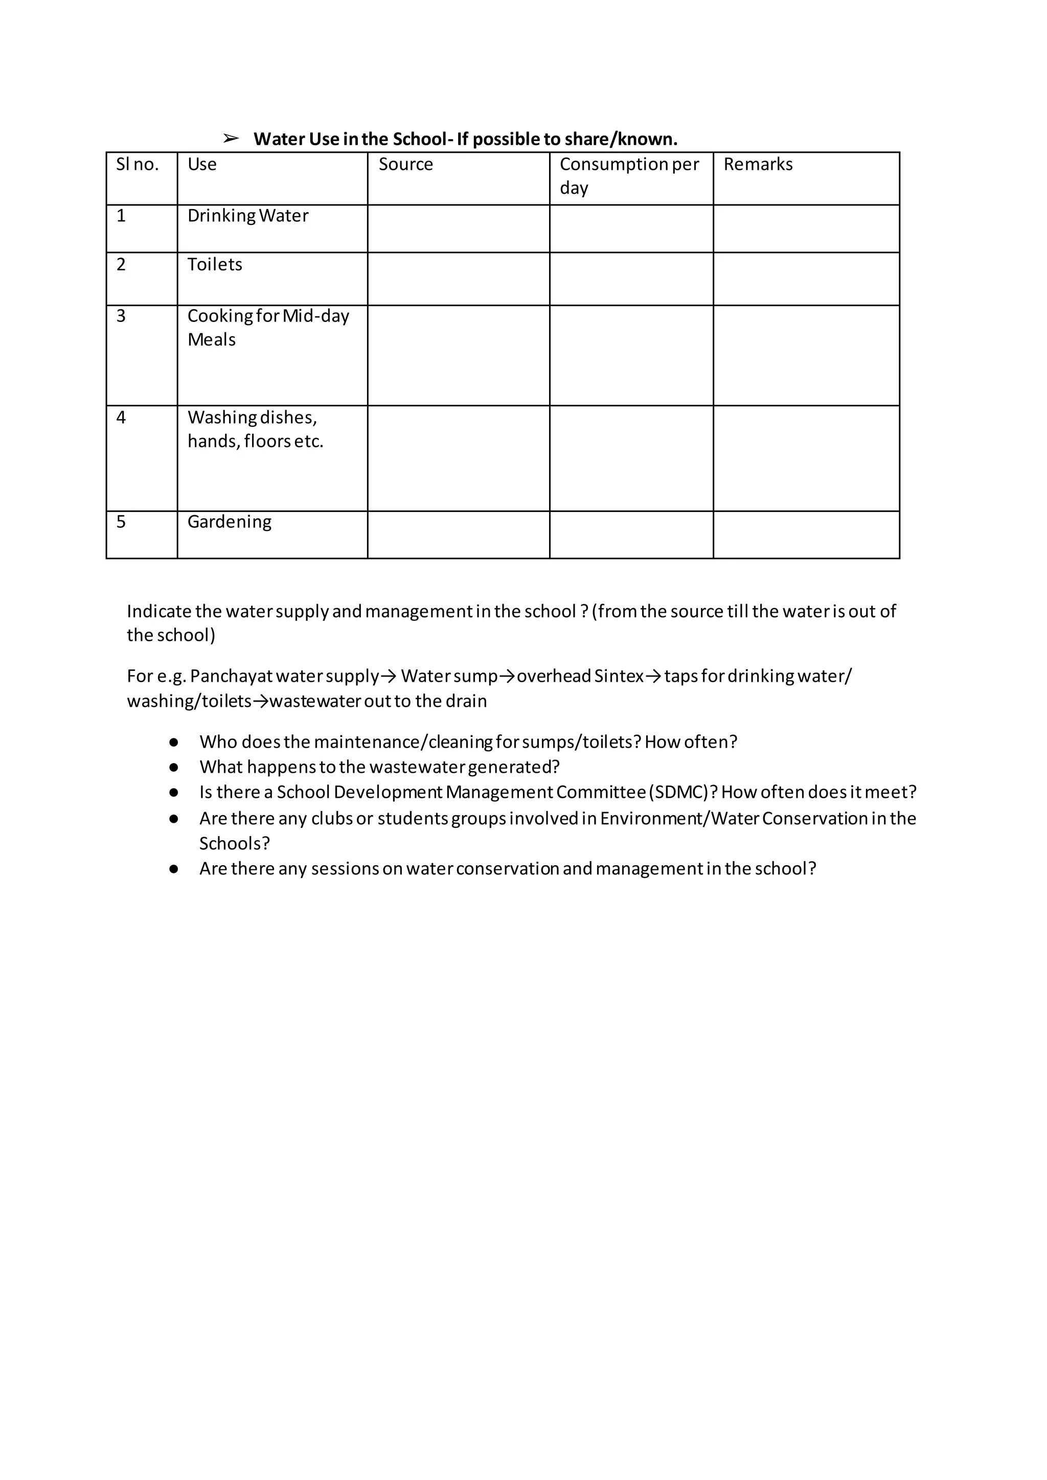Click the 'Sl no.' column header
138,165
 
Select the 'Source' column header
405,165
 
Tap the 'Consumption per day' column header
629,176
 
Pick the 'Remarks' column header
758,165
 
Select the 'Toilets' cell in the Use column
215,265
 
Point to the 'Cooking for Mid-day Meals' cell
268,328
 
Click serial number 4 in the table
121,418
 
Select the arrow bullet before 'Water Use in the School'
231,138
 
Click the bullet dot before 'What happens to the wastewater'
173,768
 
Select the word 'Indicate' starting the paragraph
158,612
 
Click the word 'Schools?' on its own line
234,844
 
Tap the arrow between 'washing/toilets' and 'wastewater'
260,701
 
